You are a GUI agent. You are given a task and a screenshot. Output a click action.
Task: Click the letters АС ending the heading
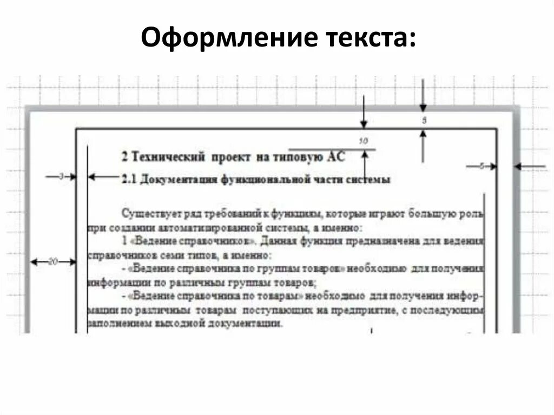click(x=336, y=156)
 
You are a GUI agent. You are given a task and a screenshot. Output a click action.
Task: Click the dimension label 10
click(x=364, y=141)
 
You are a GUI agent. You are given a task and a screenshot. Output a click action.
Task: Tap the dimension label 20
click(x=53, y=262)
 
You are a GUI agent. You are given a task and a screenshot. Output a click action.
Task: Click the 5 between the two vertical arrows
click(x=424, y=121)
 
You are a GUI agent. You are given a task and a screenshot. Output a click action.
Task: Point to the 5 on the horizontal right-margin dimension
click(x=481, y=167)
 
